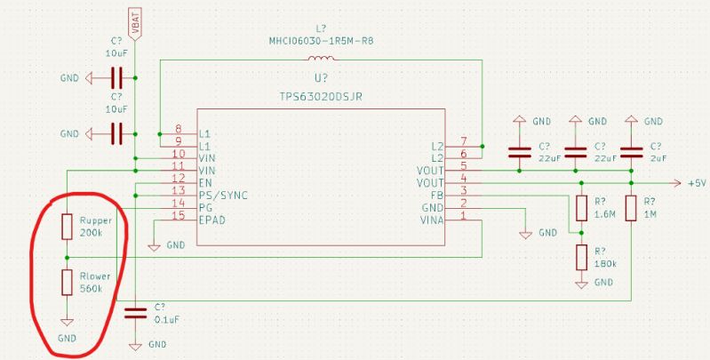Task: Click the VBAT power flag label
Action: point(135,27)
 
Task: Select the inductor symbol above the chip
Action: point(321,60)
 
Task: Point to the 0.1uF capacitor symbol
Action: point(135,311)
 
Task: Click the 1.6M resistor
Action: point(581,209)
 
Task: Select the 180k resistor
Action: point(581,258)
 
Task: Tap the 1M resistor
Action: point(631,209)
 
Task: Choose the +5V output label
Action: point(696,182)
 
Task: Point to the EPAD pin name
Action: point(213,216)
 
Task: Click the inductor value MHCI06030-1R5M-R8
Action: point(321,40)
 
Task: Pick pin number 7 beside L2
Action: point(463,142)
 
